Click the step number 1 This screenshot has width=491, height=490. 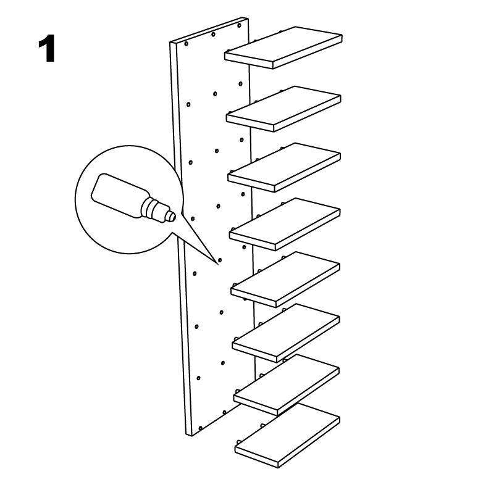click(x=47, y=49)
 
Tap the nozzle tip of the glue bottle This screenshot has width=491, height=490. click(x=173, y=216)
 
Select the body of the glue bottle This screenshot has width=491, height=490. click(x=117, y=194)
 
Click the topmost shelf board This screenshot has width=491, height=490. click(x=283, y=48)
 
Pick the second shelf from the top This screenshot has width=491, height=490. click(x=283, y=109)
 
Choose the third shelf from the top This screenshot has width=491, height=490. click(x=284, y=167)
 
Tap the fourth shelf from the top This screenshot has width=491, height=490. click(x=284, y=224)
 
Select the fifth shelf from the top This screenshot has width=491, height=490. click(x=285, y=280)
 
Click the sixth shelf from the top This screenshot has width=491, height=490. click(x=285, y=333)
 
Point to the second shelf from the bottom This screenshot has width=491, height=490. click(x=286, y=385)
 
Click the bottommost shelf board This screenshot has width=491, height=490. click(x=287, y=436)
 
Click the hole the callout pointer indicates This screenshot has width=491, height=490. click(x=220, y=260)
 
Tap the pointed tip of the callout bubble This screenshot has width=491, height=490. click(x=217, y=265)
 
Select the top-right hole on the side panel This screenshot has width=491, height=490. click(x=239, y=25)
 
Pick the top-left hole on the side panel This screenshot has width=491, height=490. click(x=187, y=44)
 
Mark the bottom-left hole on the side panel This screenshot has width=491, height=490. click(x=200, y=428)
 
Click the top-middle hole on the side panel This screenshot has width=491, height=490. click(x=213, y=34)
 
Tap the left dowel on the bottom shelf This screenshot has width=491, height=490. click(x=238, y=442)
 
